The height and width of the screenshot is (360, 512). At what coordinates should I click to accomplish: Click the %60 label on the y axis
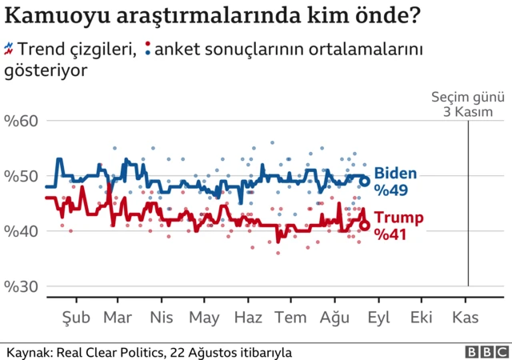(x=22, y=122)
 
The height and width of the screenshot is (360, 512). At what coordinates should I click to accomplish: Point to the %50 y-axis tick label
(x=22, y=176)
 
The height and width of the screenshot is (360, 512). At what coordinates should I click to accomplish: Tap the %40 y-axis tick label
(x=22, y=231)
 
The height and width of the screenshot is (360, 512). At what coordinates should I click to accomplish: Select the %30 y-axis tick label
(x=22, y=286)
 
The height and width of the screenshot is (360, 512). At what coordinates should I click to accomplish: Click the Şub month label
(x=75, y=318)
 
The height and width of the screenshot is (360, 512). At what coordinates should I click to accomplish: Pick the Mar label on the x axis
(x=118, y=318)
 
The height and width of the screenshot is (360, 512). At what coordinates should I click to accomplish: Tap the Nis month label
(x=162, y=318)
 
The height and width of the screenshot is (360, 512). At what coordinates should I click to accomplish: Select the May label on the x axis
(x=205, y=318)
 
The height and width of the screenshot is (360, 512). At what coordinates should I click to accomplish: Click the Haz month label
(x=249, y=318)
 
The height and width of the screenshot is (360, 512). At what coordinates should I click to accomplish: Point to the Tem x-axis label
(x=291, y=318)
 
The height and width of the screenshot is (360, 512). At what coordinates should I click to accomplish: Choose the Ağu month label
(x=335, y=318)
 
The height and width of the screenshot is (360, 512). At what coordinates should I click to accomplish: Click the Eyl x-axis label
(x=378, y=318)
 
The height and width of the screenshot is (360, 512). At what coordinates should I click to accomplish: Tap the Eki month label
(x=421, y=318)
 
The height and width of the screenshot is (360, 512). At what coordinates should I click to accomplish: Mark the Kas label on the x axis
(x=465, y=318)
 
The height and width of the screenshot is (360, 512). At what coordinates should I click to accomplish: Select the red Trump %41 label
(x=398, y=226)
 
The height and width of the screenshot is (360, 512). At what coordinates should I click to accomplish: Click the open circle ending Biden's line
(x=365, y=181)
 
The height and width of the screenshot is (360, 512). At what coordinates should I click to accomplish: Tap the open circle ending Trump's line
(x=365, y=226)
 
